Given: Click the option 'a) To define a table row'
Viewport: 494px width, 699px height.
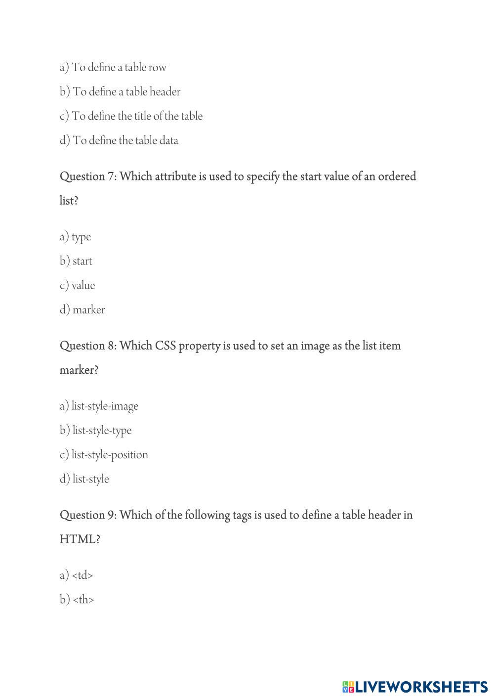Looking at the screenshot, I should point(113,68).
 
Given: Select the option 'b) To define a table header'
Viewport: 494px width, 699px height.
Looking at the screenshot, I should point(120,92).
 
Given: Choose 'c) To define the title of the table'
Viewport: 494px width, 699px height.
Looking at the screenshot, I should point(131,116).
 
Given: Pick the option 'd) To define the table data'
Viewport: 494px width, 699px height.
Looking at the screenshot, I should point(119,140).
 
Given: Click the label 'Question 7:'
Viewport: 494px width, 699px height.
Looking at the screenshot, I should point(88,176).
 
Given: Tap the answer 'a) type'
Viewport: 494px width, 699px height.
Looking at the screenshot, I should point(76,237).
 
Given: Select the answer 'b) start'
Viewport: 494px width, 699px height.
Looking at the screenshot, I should point(76,261).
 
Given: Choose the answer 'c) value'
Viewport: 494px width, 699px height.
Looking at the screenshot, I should point(78,286).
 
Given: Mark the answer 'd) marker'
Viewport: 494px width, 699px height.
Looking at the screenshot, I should point(82,310).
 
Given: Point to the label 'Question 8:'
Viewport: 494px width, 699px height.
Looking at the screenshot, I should point(88,346).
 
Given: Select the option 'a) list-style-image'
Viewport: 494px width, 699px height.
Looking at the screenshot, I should point(99,406).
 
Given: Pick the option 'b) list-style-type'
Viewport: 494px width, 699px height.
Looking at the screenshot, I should point(96,431).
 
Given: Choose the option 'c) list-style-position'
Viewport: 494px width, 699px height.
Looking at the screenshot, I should point(104,455).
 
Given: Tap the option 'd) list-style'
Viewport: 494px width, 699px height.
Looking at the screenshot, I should point(84,479).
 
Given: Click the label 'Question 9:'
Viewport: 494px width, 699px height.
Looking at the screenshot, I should point(88,515).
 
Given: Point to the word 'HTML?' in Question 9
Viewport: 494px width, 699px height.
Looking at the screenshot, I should point(80,539).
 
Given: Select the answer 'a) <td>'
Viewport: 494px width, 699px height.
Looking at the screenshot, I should point(77,575).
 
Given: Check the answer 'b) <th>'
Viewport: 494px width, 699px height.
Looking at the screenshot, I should point(77,600).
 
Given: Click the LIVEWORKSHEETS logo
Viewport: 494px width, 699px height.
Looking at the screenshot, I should point(415,687).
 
